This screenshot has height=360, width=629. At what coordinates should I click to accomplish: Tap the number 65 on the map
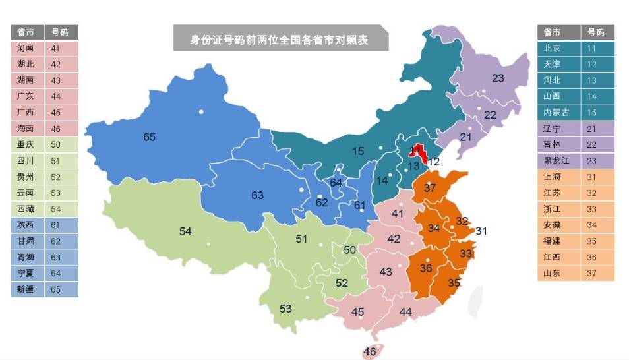[x=150, y=137]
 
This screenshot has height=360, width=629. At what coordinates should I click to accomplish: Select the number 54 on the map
[x=185, y=231]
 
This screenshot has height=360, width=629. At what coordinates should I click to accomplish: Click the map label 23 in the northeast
[x=498, y=78]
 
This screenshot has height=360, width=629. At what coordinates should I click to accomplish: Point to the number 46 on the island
[x=369, y=351]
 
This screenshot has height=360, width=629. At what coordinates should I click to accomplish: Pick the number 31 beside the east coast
[x=481, y=231]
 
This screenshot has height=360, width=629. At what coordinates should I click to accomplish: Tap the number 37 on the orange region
[x=430, y=188]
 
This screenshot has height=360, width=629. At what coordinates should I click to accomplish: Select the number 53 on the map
[x=285, y=309]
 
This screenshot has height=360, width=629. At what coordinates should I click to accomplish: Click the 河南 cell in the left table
[x=27, y=48]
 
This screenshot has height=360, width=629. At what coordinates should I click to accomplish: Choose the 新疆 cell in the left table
[x=27, y=289]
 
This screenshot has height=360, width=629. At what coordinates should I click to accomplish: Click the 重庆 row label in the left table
[x=27, y=144]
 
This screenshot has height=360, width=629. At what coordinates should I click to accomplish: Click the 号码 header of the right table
[x=595, y=32]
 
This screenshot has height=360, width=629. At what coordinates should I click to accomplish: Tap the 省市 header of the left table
[x=27, y=32]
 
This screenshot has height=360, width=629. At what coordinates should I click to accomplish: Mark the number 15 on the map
[x=358, y=151]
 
